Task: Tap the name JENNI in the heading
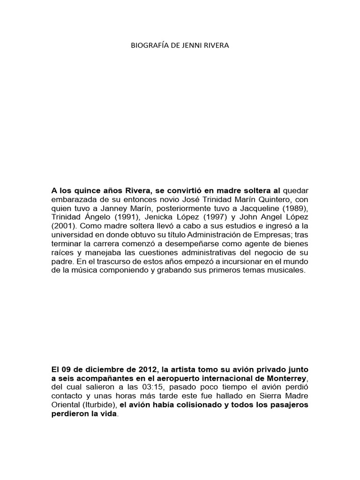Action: pos(191,46)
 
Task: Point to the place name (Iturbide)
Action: pos(102,405)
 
